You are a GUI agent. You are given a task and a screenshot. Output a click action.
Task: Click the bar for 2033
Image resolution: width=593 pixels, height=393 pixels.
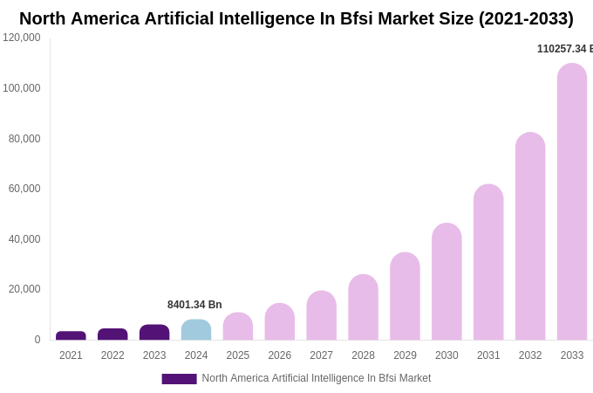(x=572, y=202)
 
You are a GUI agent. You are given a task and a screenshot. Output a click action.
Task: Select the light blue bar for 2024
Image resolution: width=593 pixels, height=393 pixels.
(x=196, y=330)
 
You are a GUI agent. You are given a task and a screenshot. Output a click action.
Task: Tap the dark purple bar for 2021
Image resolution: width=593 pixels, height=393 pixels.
(x=71, y=335)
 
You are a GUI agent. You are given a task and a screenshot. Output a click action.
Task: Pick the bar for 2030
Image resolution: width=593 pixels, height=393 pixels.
(x=446, y=281)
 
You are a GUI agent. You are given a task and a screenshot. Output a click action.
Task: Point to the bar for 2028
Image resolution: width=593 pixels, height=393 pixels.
(x=363, y=307)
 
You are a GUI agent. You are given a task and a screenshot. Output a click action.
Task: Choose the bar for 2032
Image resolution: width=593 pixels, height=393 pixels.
(x=530, y=236)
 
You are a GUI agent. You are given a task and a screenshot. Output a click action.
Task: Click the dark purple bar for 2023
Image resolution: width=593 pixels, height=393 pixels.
(x=154, y=333)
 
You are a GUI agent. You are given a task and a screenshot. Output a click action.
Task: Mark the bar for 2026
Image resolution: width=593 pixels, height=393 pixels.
(x=280, y=321)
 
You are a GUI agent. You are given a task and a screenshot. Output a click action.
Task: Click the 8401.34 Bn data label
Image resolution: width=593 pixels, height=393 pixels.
(x=194, y=305)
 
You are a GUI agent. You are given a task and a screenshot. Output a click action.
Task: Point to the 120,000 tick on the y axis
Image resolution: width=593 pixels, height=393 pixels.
(x=22, y=38)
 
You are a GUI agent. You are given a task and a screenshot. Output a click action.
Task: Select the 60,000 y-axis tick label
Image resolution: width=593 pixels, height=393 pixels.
(x=24, y=189)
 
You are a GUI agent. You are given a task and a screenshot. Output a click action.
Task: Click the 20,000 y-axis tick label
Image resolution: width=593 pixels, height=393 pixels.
(x=24, y=289)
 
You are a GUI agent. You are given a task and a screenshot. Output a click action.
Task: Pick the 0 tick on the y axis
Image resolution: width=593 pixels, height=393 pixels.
(x=37, y=340)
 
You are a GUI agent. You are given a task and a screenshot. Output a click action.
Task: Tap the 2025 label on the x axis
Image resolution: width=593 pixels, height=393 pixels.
(x=238, y=355)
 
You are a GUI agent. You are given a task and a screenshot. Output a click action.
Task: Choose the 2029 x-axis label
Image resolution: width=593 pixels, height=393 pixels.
(x=405, y=355)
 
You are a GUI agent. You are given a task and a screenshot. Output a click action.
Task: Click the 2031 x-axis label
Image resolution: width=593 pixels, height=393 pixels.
(x=488, y=355)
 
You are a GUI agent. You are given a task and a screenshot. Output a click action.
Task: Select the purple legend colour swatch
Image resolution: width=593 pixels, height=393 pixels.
(x=179, y=379)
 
